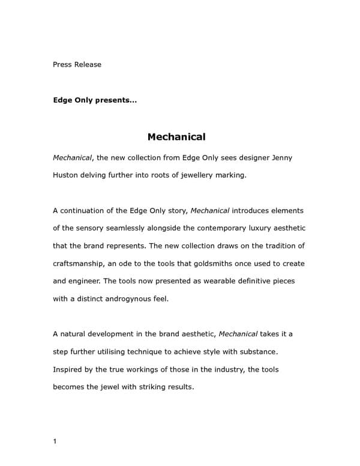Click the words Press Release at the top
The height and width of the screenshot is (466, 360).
tap(77, 64)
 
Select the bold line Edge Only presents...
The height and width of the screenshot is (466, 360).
tap(95, 100)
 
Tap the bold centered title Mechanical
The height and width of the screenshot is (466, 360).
tap(176, 137)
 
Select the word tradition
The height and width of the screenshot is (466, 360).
tap(275, 246)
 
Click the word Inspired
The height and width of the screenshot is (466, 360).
tap(69, 369)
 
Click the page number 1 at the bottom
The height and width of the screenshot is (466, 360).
tap(55, 442)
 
